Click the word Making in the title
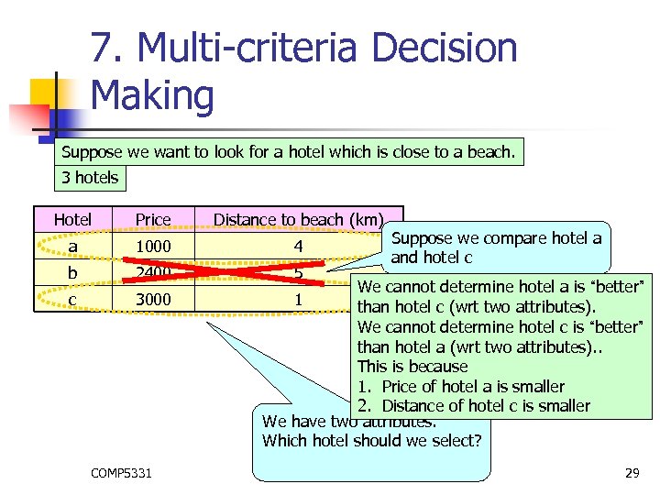[153, 95]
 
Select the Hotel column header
[72, 219]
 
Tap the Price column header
[153, 219]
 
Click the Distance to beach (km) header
[298, 219]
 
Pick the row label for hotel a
[72, 247]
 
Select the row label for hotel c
[72, 300]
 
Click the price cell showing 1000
[153, 247]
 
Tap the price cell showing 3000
[153, 300]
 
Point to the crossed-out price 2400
[153, 272]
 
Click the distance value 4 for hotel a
[298, 247]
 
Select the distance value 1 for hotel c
[298, 300]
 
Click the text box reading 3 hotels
[90, 177]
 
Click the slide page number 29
[632, 473]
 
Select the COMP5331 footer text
[122, 473]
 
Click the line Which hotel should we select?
[371, 441]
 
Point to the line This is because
[412, 367]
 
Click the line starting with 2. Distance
[474, 405]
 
